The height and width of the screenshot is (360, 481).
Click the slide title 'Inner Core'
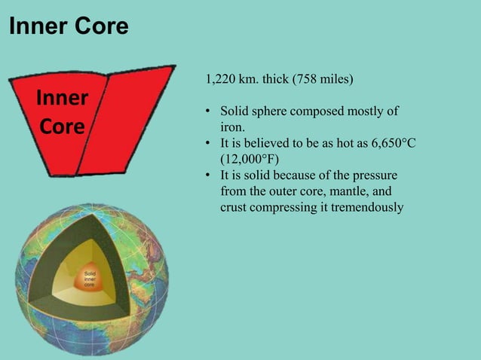click(x=68, y=27)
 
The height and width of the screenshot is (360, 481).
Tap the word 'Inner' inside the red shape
click(x=62, y=99)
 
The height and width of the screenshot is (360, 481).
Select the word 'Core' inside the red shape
click(x=62, y=126)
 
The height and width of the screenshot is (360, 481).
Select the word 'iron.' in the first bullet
click(x=233, y=127)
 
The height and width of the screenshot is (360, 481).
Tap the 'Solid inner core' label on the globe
click(x=90, y=279)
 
